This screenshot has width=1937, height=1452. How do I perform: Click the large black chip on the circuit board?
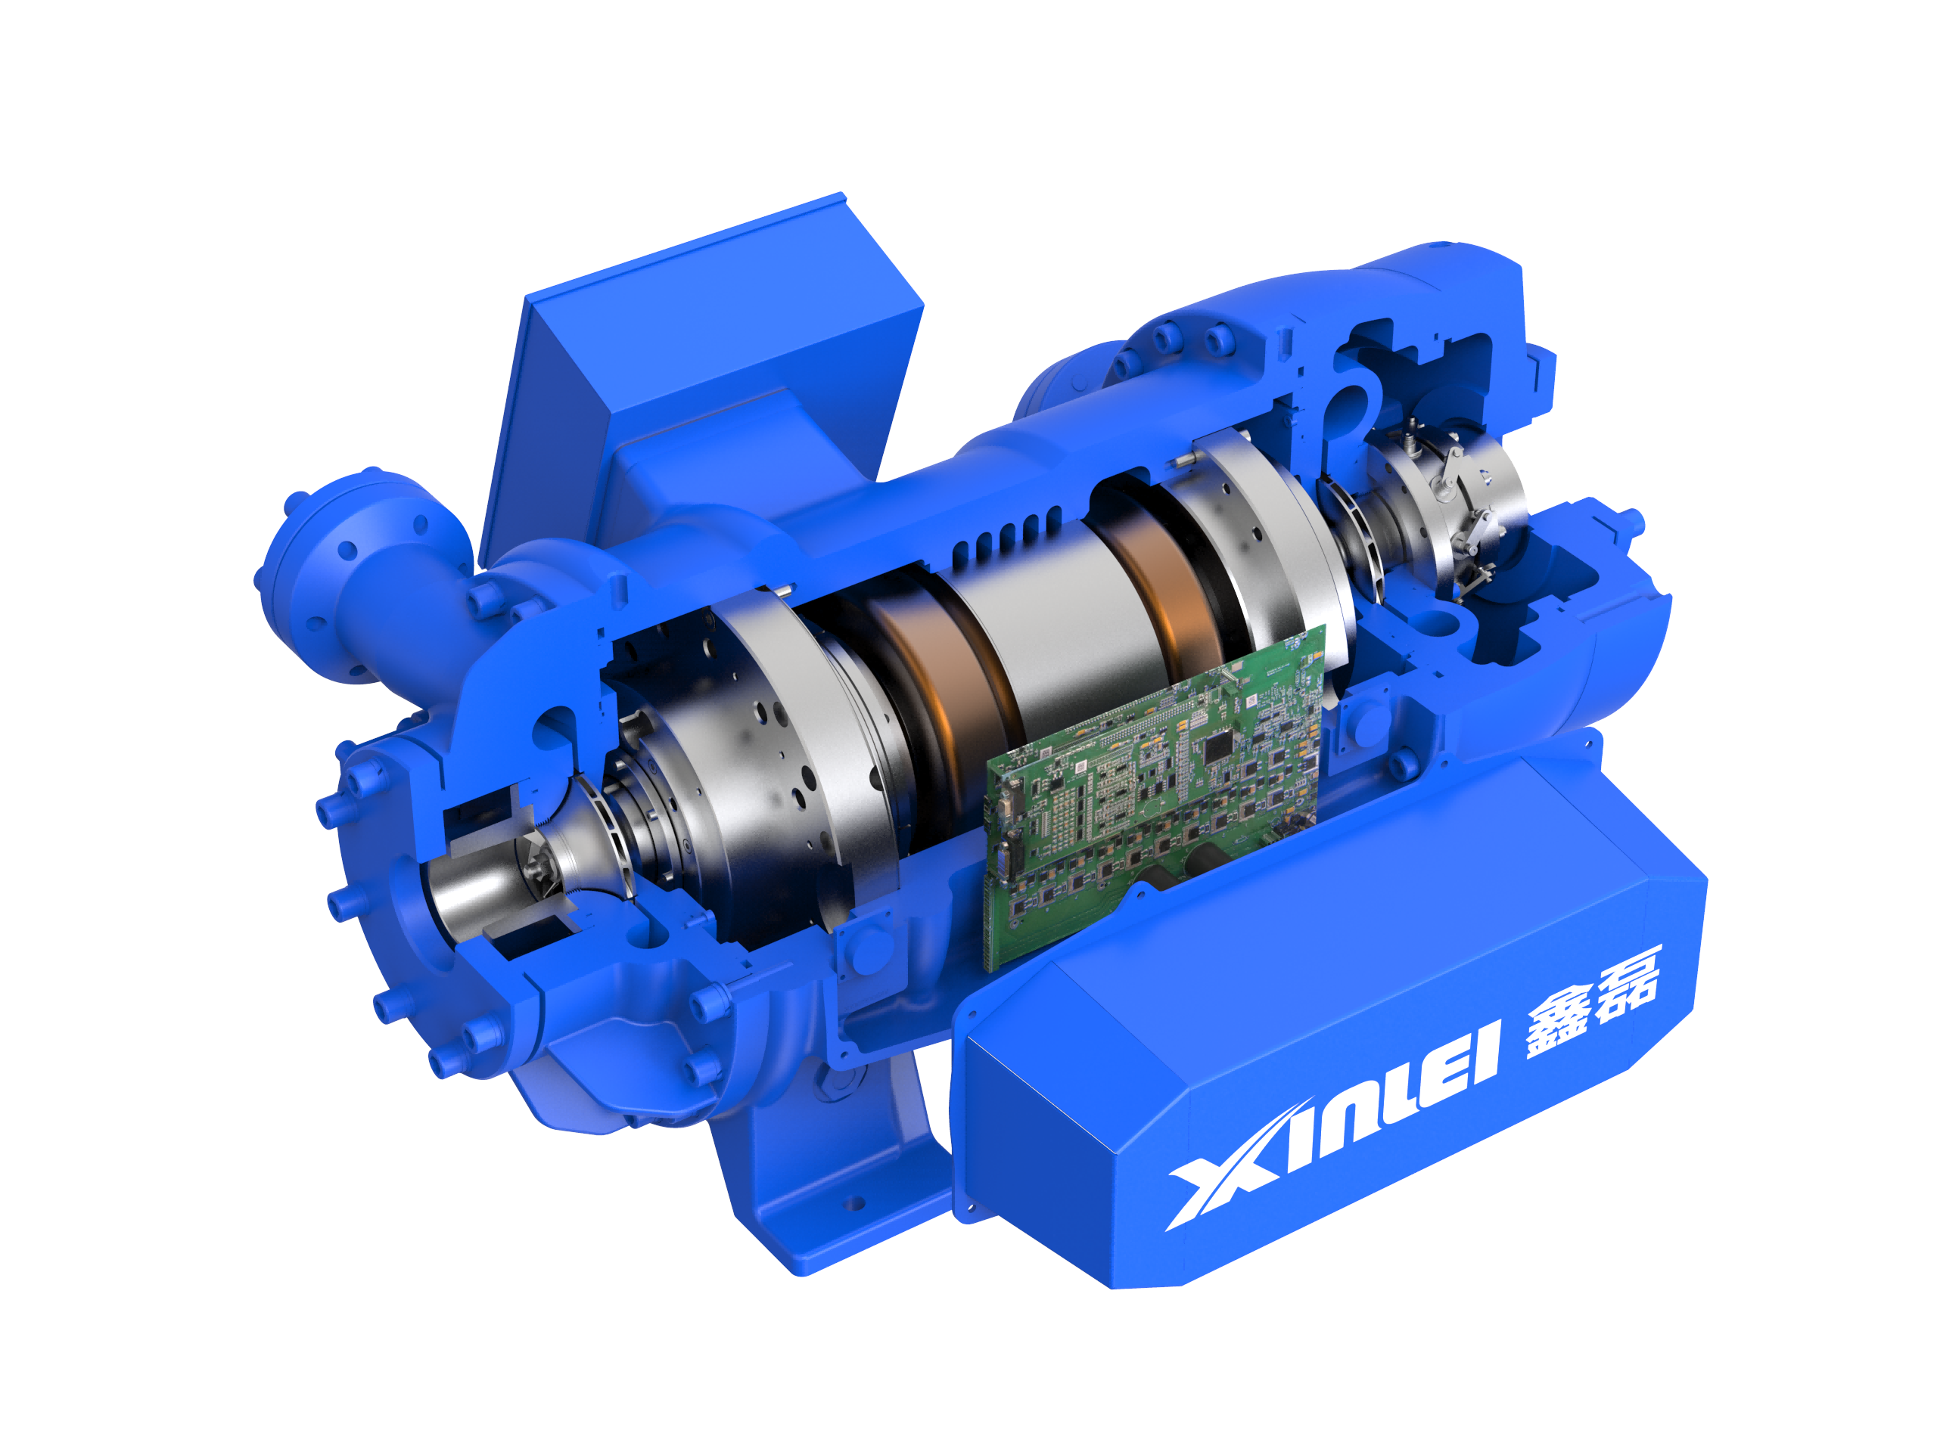pyautogui.click(x=1218, y=747)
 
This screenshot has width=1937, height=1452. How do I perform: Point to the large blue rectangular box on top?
pyautogui.click(x=701, y=368)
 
